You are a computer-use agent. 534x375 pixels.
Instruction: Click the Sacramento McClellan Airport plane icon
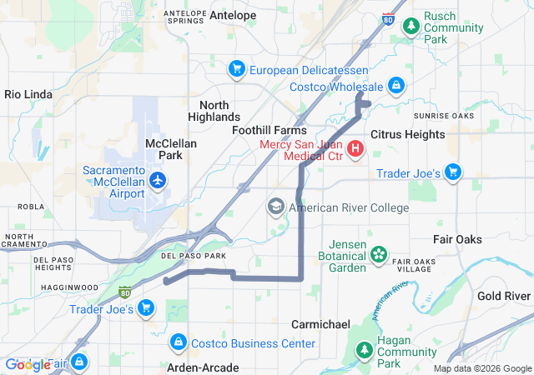click(x=157, y=180)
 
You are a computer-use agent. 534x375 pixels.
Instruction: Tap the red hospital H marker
click(x=355, y=149)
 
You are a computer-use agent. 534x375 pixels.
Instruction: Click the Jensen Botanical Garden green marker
click(x=379, y=253)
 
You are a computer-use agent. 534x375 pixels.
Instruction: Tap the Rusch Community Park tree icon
click(x=411, y=27)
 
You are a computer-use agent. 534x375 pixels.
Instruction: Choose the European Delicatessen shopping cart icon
click(x=237, y=68)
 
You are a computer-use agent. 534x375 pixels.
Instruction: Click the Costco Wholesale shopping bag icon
click(x=396, y=86)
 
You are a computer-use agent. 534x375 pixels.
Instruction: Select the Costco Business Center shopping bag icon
click(x=178, y=342)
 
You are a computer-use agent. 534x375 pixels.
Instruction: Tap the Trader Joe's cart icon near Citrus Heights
click(x=453, y=172)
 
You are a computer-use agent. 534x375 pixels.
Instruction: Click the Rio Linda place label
click(x=28, y=94)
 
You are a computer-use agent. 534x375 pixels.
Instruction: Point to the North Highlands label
click(x=219, y=111)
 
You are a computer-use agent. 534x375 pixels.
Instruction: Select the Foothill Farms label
click(x=269, y=131)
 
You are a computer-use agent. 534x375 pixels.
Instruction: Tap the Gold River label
click(x=504, y=296)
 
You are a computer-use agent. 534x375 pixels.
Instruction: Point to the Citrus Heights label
click(x=407, y=133)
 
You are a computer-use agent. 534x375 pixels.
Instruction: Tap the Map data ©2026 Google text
click(x=481, y=368)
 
